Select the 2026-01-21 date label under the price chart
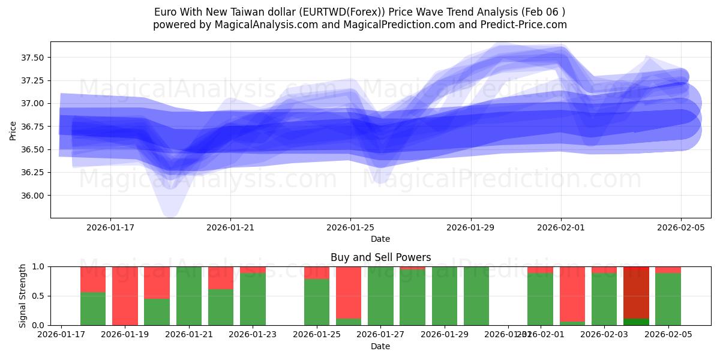coord(230,227)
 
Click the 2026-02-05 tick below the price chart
coord(680,227)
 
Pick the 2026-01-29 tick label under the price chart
coord(470,227)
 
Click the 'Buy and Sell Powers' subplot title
coord(380,257)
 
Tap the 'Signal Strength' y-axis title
coord(23,296)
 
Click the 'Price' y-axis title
coord(13,130)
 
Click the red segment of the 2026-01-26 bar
coord(349,291)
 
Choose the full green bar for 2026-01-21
coord(189,296)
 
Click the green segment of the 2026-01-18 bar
coord(93,309)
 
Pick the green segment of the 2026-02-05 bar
coord(668,299)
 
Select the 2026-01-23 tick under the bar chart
coord(253,334)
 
